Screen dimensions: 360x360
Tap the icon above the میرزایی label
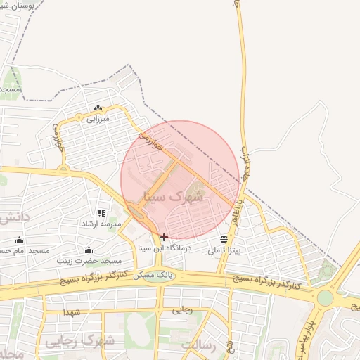tap(98, 108)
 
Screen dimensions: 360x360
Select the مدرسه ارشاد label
tap(102, 224)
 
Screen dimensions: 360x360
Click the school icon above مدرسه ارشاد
tap(101, 213)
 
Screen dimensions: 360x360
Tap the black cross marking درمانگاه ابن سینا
tap(164, 237)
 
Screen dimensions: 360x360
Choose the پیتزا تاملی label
tap(224, 250)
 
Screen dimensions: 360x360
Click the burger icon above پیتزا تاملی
tap(224, 239)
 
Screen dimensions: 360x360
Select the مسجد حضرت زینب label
tap(87, 261)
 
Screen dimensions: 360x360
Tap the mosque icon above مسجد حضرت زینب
tap(89, 250)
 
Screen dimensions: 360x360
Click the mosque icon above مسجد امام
tap(19, 240)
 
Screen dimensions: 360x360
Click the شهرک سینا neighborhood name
tap(173, 198)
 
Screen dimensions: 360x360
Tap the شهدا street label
tap(72, 311)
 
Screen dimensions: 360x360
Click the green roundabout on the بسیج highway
tap(325, 297)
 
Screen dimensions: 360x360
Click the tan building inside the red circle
tap(196, 189)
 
